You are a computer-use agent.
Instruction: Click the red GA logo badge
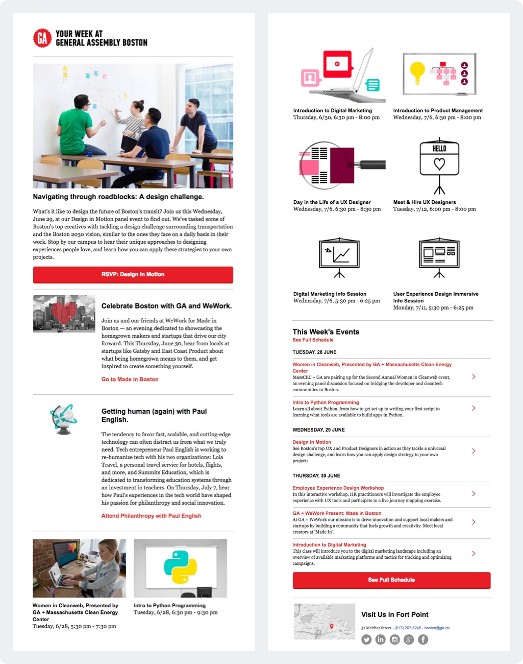42,38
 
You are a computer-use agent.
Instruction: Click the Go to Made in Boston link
130,380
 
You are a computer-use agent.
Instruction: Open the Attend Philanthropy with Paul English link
151,516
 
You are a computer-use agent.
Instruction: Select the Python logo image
180,567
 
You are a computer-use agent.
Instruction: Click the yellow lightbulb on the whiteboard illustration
417,71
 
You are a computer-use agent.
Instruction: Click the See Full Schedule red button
391,580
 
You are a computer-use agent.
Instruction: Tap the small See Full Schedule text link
313,340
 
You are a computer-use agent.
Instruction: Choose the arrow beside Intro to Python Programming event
474,408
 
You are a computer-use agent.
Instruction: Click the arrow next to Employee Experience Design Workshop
474,494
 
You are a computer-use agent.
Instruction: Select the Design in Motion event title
312,442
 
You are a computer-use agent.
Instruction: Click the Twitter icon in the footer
366,639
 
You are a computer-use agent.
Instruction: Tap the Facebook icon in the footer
423,639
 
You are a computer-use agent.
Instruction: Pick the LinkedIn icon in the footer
381,639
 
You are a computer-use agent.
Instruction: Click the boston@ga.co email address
437,628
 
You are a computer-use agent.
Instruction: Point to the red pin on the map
332,626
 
